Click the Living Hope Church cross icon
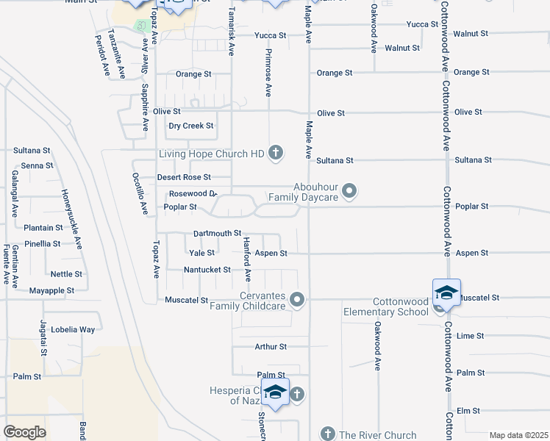pos(276,154)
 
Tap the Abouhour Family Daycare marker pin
pos(350,192)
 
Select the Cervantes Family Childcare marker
pos(297,299)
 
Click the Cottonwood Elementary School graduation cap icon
pos(446,293)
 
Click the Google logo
pos(24,432)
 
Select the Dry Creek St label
pos(190,126)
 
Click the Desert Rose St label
pos(184,177)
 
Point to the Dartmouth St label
pos(217,233)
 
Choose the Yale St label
pos(201,253)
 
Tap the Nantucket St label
pos(207,270)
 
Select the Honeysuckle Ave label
pos(72,220)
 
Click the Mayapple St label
pos(51,290)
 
